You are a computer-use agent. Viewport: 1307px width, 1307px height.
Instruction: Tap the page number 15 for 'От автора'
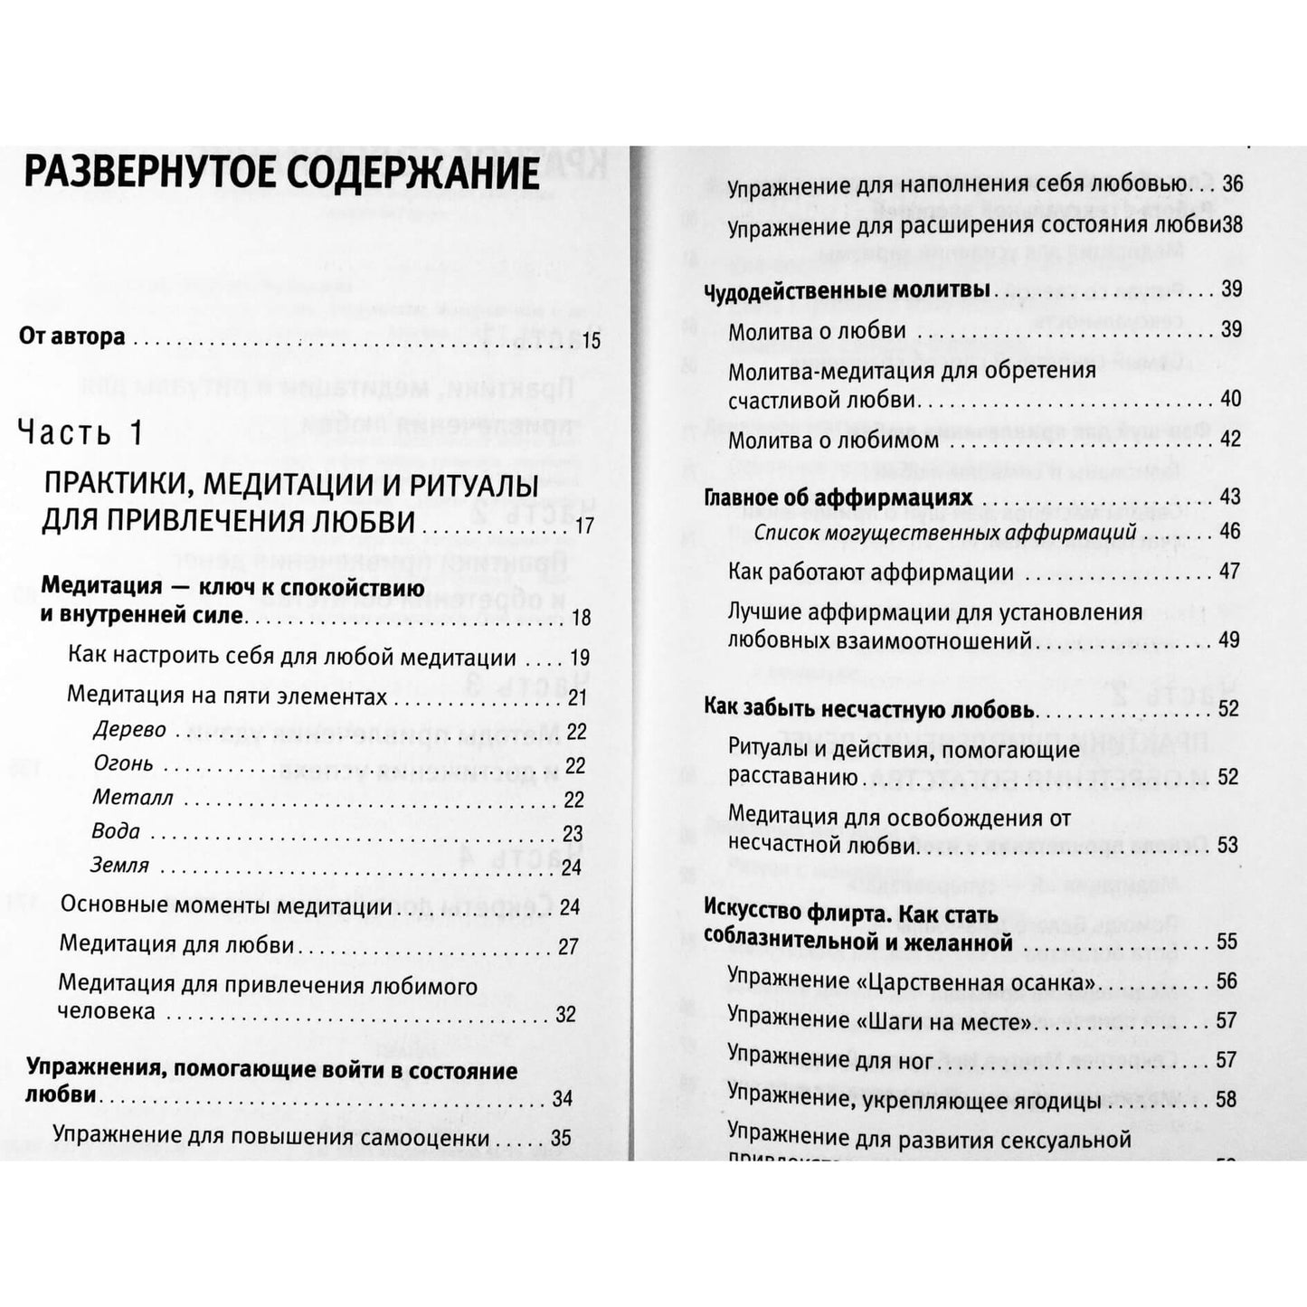[592, 341]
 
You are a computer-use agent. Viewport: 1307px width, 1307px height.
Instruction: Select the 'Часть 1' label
[81, 433]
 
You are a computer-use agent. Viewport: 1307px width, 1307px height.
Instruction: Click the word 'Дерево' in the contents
[129, 730]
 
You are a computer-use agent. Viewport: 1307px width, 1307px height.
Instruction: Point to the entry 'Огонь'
[124, 764]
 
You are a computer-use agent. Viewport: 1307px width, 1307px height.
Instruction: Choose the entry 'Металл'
[132, 799]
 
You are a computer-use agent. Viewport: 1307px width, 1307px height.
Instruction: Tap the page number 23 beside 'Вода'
[573, 833]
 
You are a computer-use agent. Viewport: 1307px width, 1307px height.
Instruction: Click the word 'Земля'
[120, 866]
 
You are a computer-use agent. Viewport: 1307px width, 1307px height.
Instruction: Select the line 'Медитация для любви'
[177, 945]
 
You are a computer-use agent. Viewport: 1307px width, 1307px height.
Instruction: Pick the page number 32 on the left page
[566, 1014]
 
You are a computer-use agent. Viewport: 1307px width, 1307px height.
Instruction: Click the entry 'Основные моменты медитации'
[226, 906]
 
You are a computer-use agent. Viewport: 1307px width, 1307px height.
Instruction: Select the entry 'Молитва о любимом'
[833, 440]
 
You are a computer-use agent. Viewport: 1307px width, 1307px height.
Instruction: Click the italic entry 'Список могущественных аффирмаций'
[945, 533]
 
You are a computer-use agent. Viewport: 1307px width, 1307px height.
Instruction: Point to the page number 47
[1229, 572]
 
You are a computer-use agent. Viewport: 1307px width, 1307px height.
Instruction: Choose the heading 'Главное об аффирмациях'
[838, 498]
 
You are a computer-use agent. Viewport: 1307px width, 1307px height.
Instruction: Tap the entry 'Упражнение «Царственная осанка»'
[913, 982]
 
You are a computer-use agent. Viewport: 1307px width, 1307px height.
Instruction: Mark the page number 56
[1226, 982]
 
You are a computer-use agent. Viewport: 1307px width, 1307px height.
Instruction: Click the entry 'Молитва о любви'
[818, 331]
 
